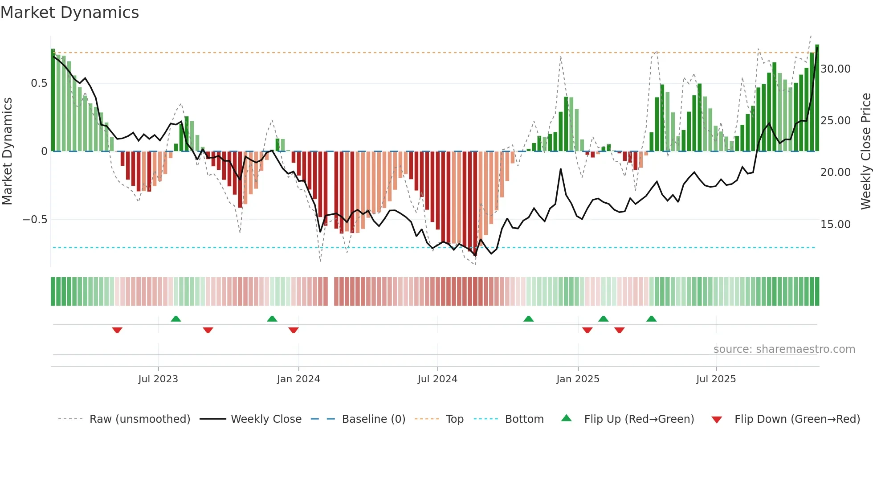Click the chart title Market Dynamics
(x=70, y=12)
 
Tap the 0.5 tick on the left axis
(x=39, y=83)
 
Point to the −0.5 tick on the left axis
(x=35, y=220)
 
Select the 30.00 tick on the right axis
(x=835, y=69)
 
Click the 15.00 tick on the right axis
(x=835, y=224)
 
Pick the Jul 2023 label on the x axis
(x=158, y=379)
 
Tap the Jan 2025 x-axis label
(x=578, y=379)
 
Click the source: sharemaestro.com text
(x=784, y=349)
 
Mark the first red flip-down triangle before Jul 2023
(x=117, y=330)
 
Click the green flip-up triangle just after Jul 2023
(x=176, y=319)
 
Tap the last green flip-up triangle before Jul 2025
(x=651, y=319)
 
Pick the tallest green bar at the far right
(x=817, y=98)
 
